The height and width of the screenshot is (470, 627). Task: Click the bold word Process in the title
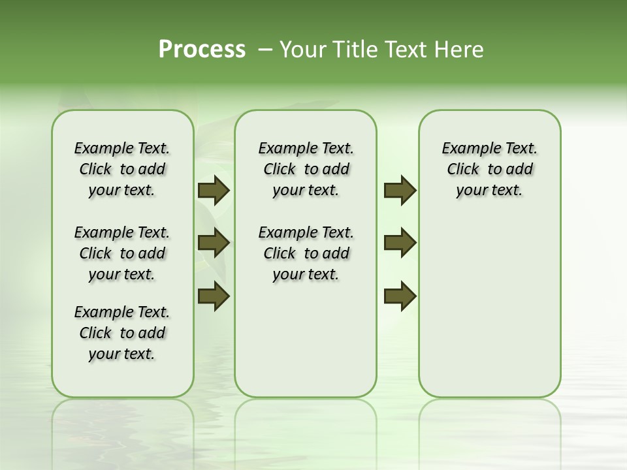(x=202, y=50)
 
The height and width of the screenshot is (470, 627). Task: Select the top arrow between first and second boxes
(x=214, y=190)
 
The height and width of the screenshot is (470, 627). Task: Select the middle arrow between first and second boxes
(x=214, y=243)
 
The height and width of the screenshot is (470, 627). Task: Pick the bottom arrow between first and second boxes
(x=214, y=296)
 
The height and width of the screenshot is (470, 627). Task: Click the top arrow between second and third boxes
(x=400, y=190)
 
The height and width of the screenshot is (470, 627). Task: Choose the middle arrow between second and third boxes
(x=400, y=243)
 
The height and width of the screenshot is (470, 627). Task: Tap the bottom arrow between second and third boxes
(x=400, y=296)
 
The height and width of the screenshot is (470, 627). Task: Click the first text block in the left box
(x=122, y=169)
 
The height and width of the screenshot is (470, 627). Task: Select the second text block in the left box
(x=122, y=253)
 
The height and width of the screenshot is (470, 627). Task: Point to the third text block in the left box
(x=122, y=333)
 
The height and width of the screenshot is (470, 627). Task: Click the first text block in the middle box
(x=306, y=169)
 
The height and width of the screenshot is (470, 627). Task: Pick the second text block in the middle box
(x=306, y=253)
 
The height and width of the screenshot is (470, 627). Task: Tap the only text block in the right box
(x=489, y=169)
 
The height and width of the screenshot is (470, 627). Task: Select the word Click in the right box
(x=463, y=170)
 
